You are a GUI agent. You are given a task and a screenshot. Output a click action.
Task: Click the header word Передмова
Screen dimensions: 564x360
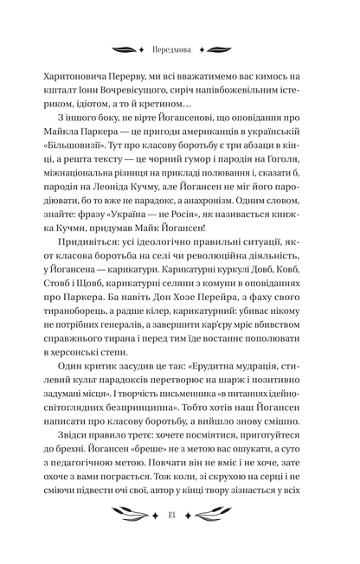pos(179,49)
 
